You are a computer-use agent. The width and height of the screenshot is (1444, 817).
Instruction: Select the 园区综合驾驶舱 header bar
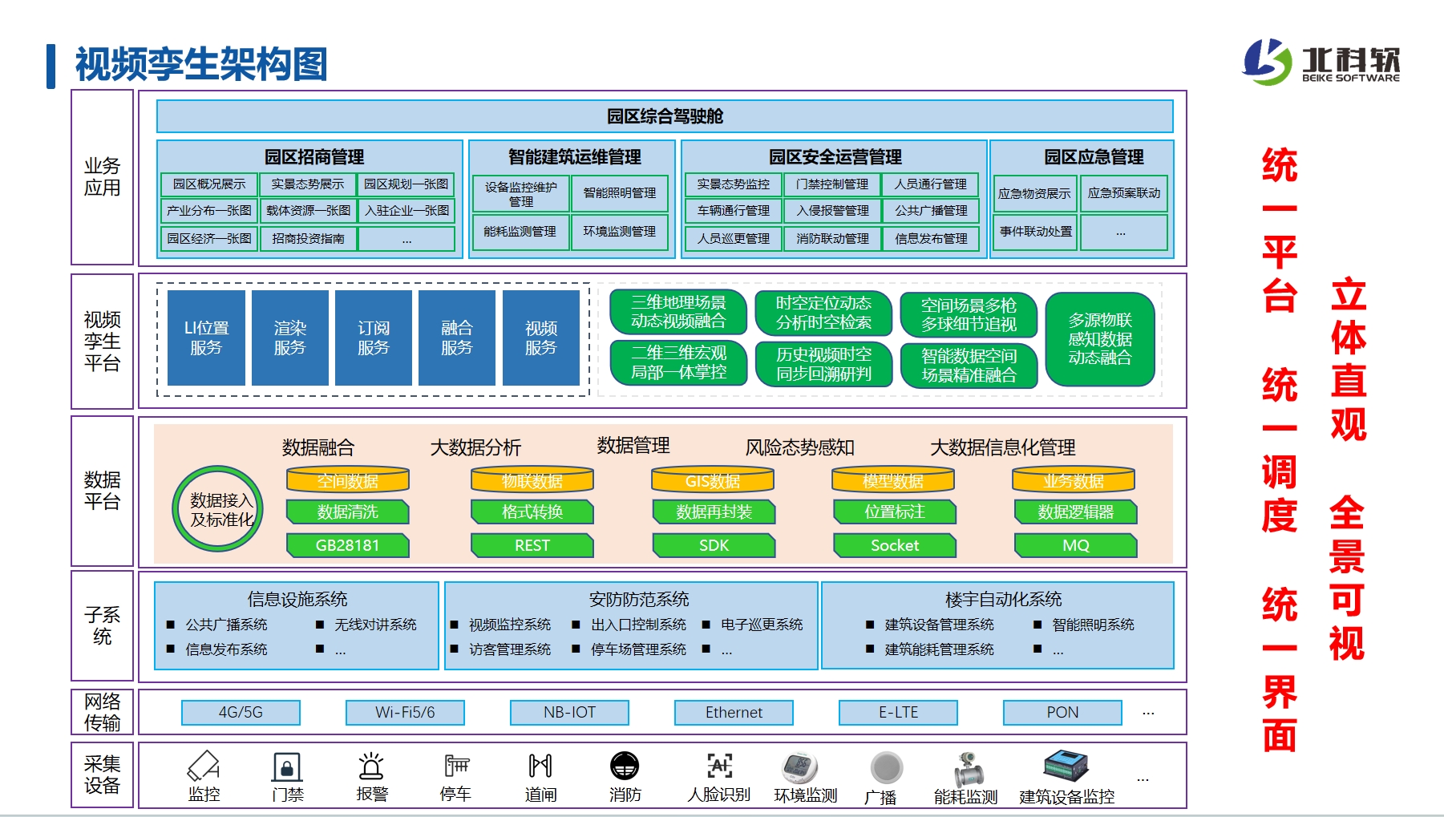pyautogui.click(x=664, y=116)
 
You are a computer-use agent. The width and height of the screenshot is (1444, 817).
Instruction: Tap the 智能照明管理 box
pyautogui.click(x=619, y=193)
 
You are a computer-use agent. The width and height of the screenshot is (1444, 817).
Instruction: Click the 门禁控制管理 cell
pyautogui.click(x=831, y=184)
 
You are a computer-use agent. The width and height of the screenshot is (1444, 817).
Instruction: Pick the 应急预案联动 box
pyautogui.click(x=1123, y=193)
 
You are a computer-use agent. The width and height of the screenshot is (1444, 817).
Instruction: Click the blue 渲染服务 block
pyautogui.click(x=289, y=338)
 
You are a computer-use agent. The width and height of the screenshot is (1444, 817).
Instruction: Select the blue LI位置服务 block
pyautogui.click(x=206, y=338)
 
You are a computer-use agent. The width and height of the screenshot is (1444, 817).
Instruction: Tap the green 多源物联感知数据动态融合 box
pyautogui.click(x=1099, y=339)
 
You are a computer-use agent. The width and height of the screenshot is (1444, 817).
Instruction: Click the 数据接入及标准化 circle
pyautogui.click(x=218, y=509)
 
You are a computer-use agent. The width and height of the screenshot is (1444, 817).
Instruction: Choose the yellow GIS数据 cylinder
pyautogui.click(x=712, y=480)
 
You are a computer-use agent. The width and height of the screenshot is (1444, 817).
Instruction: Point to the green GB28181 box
pyautogui.click(x=347, y=545)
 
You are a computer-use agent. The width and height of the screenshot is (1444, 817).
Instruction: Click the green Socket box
pyautogui.click(x=894, y=545)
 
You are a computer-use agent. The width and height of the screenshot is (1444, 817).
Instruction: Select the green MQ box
pyautogui.click(x=1075, y=545)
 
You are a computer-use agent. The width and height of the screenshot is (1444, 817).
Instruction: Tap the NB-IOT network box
pyautogui.click(x=569, y=712)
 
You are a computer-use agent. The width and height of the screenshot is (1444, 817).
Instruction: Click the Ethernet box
pyautogui.click(x=734, y=712)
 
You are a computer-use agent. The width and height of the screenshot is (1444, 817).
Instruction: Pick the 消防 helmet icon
pyautogui.click(x=624, y=766)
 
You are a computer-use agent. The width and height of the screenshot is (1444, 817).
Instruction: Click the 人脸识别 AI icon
pyautogui.click(x=719, y=766)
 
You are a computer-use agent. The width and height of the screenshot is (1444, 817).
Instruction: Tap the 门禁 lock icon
pyautogui.click(x=287, y=766)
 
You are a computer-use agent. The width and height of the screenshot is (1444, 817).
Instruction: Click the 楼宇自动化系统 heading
pyautogui.click(x=1002, y=599)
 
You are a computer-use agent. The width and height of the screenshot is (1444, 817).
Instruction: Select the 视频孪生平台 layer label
pyautogui.click(x=102, y=342)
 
